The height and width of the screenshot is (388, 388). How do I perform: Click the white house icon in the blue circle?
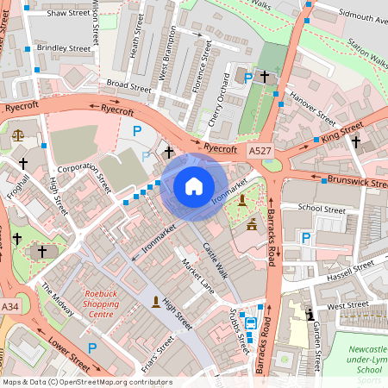point(194,185)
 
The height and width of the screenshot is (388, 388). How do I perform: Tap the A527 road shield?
point(259,151)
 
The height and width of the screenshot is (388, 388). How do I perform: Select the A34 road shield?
point(9,307)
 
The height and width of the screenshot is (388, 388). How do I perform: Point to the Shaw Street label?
point(68,14)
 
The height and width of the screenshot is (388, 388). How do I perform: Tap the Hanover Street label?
point(313,105)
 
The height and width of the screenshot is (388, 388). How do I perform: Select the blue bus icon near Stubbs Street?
point(250,323)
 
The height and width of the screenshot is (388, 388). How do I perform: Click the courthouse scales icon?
point(18,135)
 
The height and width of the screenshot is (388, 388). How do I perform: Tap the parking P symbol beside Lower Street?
point(91,347)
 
